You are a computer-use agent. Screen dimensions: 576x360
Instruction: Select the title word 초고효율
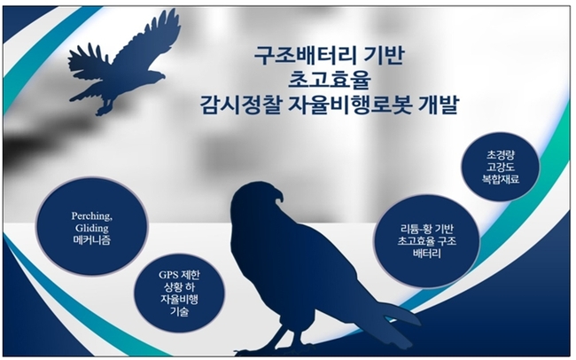point(328,81)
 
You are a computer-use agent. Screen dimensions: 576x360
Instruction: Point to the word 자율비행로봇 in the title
point(347,106)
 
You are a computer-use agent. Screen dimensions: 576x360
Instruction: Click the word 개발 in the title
point(437,106)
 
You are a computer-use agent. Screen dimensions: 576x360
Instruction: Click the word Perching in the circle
point(91,216)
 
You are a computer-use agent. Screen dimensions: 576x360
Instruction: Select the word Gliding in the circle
point(92,229)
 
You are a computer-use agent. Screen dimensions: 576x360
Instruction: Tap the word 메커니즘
point(92,241)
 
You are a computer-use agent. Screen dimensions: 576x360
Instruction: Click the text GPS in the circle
point(167,275)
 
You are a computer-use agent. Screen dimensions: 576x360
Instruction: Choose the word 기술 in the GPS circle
point(179,312)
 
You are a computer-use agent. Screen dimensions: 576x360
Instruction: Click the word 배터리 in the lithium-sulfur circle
point(427,254)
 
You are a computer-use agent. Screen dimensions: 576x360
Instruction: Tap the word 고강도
point(501,167)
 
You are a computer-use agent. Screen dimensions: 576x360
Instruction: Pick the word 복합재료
point(501,179)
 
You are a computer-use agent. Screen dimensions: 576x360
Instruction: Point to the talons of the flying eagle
point(103,110)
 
